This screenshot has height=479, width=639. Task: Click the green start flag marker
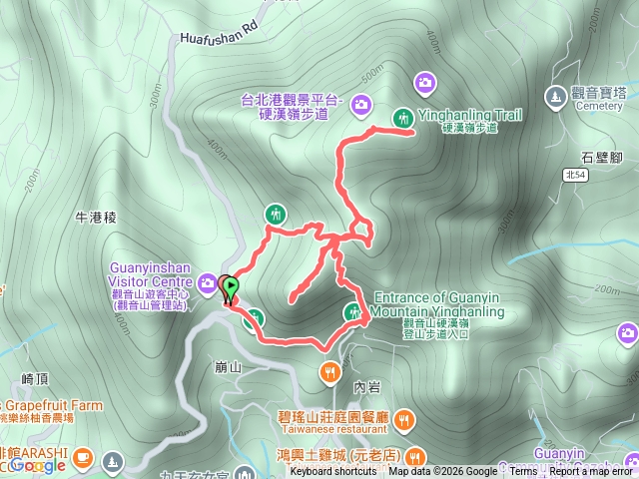coord(230,287)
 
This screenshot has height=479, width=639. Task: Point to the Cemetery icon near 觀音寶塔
coord(555,97)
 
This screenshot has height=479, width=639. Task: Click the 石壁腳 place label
coord(601,158)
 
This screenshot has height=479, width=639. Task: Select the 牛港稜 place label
coord(97,217)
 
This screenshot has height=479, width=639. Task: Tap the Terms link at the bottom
coord(523,471)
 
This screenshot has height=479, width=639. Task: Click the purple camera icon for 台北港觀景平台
coord(360,102)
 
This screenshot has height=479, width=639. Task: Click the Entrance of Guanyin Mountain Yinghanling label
coord(439,304)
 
